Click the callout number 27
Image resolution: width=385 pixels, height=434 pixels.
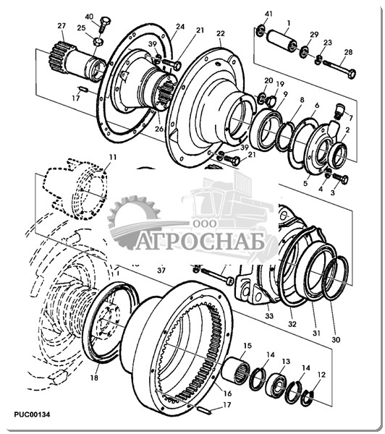62,26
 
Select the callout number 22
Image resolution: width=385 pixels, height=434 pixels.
221,33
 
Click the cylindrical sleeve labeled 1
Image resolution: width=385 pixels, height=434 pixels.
282,41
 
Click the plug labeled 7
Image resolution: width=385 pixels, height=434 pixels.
339,111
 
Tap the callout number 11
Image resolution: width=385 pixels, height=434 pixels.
113,157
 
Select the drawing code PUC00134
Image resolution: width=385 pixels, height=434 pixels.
32,414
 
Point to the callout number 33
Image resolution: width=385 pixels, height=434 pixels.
269,315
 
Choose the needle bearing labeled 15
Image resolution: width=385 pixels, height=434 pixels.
236,369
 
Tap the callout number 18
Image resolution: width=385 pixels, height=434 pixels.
94,378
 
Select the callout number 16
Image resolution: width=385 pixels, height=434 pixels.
227,393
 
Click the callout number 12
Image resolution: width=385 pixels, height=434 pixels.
321,375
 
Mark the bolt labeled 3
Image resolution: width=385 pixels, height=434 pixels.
340,179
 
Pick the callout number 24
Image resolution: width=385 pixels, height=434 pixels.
180,27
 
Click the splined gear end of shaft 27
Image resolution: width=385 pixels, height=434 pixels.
58,56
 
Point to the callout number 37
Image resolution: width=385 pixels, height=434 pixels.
161,270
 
